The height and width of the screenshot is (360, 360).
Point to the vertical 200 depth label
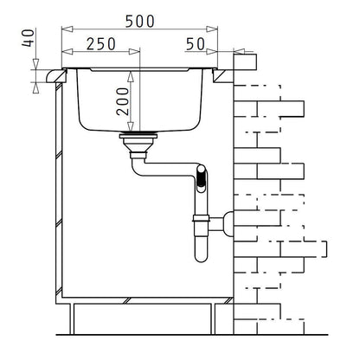point(124,101)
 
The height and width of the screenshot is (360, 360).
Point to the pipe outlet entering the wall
point(226,222)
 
